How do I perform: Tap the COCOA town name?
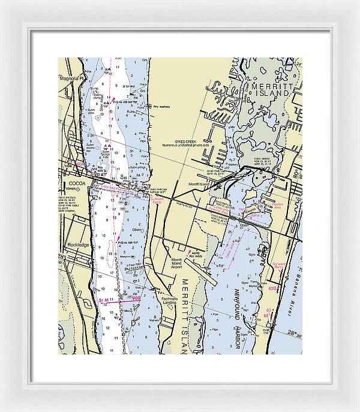point(77,183)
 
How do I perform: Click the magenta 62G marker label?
point(273,288)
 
